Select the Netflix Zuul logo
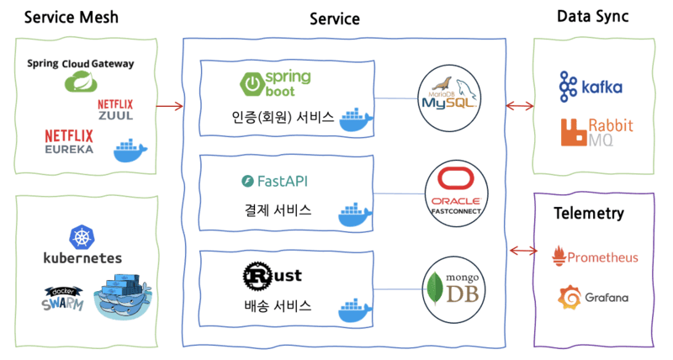116,109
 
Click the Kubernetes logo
82,246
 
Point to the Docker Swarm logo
64,299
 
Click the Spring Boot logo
276,82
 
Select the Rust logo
271,275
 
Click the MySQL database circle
449,100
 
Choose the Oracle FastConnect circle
454,195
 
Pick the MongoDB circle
454,290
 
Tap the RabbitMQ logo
596,133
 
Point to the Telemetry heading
589,214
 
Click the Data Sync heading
594,16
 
